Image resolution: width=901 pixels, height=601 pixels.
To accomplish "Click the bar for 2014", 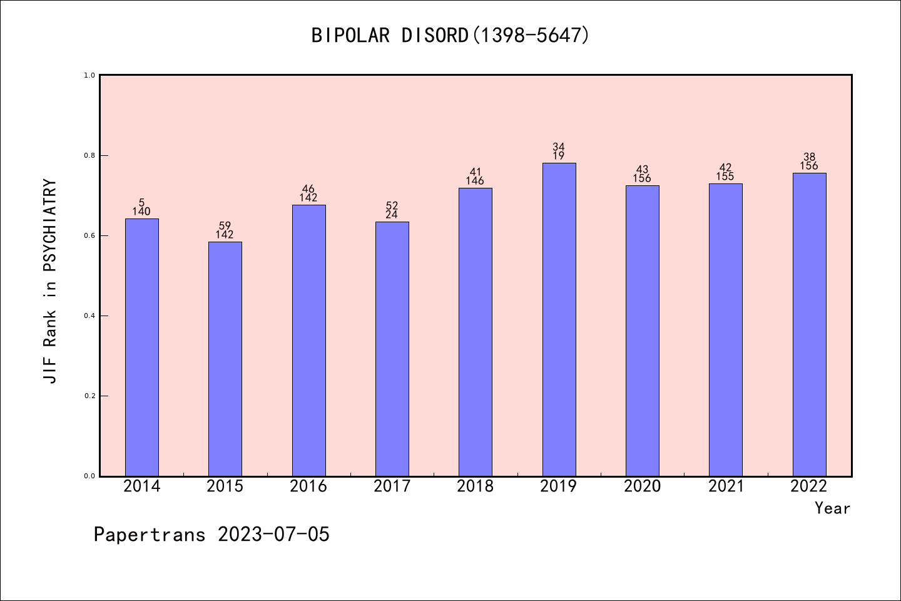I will point(142,347).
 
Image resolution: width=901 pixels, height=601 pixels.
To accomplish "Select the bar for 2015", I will point(225,359).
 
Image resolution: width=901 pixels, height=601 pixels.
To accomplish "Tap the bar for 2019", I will point(559,319).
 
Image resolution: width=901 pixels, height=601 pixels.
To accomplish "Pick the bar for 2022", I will point(809,324).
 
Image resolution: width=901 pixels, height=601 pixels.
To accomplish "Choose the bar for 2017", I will point(392,349).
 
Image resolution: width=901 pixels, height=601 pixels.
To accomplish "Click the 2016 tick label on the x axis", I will point(308,486).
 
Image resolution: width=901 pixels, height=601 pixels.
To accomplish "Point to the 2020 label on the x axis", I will point(642,486).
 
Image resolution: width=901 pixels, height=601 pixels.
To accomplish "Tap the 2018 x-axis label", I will point(476,486).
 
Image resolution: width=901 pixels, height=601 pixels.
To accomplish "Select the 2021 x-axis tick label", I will point(726,486).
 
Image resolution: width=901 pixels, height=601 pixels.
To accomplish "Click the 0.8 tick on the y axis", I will point(89,155).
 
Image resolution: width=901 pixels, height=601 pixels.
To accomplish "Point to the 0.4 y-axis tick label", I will point(89,316).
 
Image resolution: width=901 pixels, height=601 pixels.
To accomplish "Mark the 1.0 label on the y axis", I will point(89,75).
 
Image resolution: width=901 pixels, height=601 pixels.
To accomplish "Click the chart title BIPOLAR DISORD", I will point(450,35).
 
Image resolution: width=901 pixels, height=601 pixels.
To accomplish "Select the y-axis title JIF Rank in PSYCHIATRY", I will point(50,282).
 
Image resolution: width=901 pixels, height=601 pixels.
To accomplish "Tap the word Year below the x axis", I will point(832,508).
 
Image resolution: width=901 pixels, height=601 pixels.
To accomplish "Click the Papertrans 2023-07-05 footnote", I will point(211,535).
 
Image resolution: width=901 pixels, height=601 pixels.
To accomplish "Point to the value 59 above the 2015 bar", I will point(225,226).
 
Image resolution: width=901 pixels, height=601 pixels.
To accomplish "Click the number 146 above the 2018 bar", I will point(475,182).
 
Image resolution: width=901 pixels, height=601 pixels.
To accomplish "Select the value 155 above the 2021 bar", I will point(725,177).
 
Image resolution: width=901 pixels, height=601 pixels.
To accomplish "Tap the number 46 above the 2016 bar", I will point(308,189).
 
